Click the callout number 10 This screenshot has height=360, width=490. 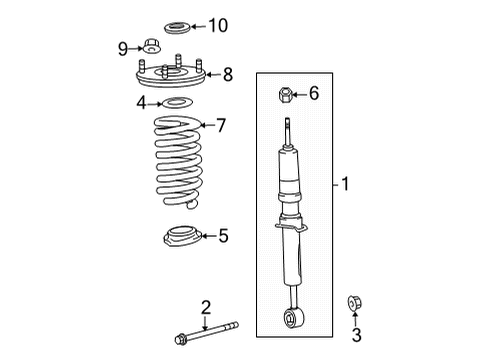[x=218, y=25]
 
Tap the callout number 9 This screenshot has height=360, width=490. [x=123, y=49]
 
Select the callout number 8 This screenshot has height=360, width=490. [x=228, y=74]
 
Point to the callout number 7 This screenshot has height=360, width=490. [x=221, y=125]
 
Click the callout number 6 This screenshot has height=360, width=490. [x=314, y=93]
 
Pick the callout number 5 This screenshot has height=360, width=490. [x=223, y=236]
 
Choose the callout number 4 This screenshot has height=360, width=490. [x=141, y=103]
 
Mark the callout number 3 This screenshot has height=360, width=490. [x=357, y=335]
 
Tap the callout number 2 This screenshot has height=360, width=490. [x=206, y=307]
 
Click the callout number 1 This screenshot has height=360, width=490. [x=345, y=184]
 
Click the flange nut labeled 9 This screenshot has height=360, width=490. [x=152, y=46]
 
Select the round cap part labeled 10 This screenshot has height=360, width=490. [x=177, y=28]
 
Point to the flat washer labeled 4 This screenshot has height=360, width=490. [x=177, y=103]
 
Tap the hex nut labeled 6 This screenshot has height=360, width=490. [x=285, y=95]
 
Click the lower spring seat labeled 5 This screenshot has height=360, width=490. [x=182, y=236]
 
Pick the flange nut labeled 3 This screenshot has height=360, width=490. [x=354, y=303]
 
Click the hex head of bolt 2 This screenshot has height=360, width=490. [x=180, y=339]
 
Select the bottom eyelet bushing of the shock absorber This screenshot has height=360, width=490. [x=294, y=317]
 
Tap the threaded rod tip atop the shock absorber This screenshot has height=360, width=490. [x=288, y=120]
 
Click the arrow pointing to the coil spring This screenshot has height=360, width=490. [x=208, y=125]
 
